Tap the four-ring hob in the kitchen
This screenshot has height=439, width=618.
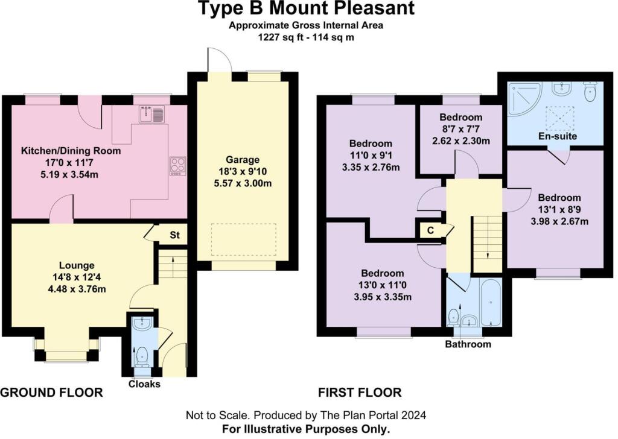pyautogui.click(x=177, y=166)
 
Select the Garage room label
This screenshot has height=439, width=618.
pyautogui.click(x=243, y=160)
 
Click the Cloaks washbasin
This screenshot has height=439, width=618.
pyautogui.click(x=142, y=324)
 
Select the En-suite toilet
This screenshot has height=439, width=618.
pyautogui.click(x=590, y=92)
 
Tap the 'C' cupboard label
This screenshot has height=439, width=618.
pyautogui.click(x=430, y=230)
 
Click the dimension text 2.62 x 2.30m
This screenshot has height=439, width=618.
pyautogui.click(x=460, y=140)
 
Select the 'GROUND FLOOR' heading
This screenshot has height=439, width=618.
pyautogui.click(x=51, y=393)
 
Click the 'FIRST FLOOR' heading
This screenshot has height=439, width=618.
pyautogui.click(x=360, y=393)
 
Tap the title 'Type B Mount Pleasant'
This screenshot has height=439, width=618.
pyautogui.click(x=307, y=9)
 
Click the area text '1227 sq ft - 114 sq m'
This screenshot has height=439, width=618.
pyautogui.click(x=307, y=36)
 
